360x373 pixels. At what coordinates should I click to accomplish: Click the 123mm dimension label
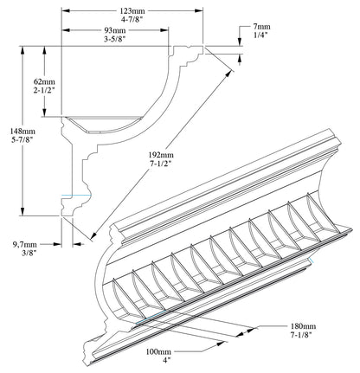(x=131, y=10)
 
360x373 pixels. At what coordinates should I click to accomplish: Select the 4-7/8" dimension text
(x=131, y=20)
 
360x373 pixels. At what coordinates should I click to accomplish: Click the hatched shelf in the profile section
(x=108, y=123)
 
